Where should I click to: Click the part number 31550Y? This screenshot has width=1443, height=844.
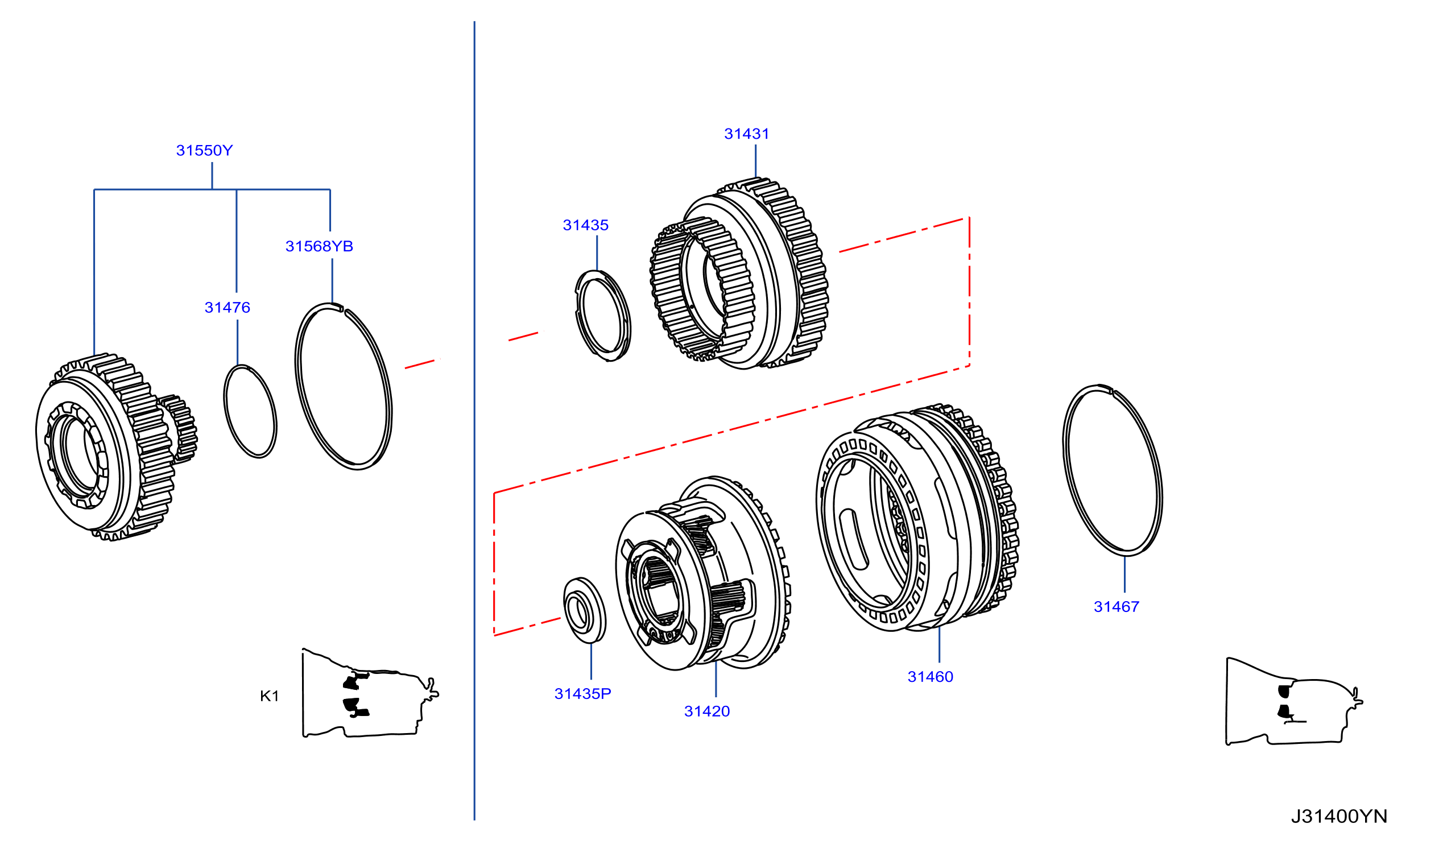tap(204, 151)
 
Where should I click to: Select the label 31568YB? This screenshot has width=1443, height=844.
tap(320, 246)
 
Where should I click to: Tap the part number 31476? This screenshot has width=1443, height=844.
tap(228, 308)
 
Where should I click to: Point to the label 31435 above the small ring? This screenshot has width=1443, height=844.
tap(586, 225)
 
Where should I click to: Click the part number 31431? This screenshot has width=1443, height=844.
tap(747, 134)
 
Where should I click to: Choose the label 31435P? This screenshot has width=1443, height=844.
tap(583, 694)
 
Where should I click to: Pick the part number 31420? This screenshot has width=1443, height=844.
tap(707, 711)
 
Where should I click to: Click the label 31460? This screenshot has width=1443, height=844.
tap(931, 677)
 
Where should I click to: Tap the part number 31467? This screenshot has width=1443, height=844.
tap(1117, 607)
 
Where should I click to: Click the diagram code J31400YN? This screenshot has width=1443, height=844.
tap(1339, 816)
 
